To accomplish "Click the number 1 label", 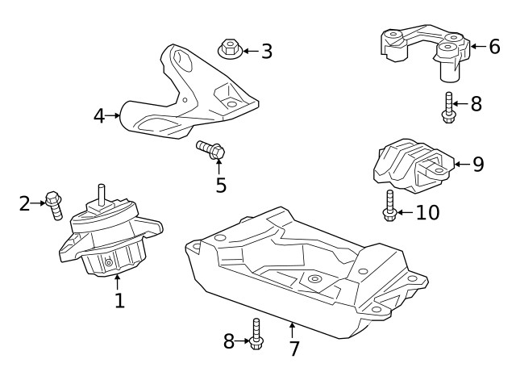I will click(119, 302).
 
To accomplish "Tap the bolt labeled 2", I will click(54, 205).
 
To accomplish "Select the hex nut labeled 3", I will click(229, 50).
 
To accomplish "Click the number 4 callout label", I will click(99, 116).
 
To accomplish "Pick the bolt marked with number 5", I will click(210, 149).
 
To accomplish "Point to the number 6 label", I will click(494, 47).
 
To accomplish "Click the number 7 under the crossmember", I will click(293, 349).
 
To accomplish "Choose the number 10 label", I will click(428, 213).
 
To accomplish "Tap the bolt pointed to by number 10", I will click(389, 206).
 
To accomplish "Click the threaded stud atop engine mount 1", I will click(102, 194).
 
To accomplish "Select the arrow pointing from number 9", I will click(460, 165).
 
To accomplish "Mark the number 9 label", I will click(478, 165).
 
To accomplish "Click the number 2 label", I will click(25, 203).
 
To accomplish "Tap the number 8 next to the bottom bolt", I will click(230, 342).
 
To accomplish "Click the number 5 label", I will click(220, 186).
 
